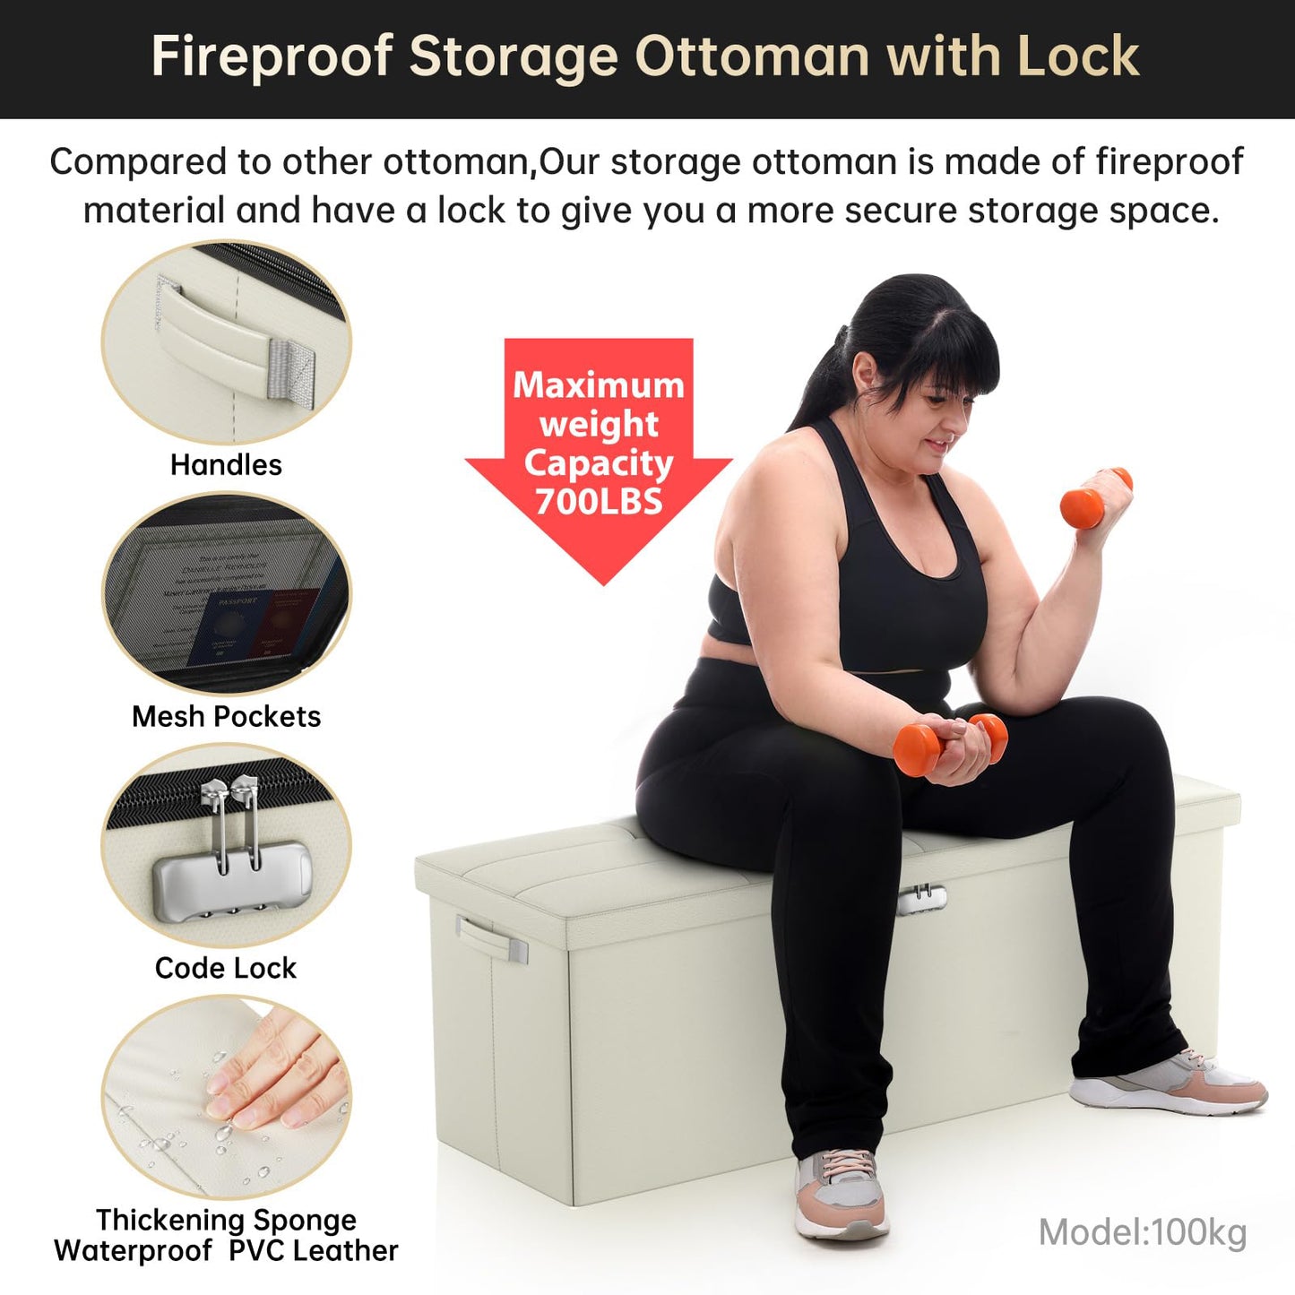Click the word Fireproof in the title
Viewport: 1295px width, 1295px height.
tap(272, 57)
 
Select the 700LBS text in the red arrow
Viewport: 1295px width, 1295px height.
tap(599, 501)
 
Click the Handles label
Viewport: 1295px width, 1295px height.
tap(226, 464)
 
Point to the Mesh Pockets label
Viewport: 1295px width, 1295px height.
tap(227, 716)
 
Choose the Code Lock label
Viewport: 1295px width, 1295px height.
tap(226, 968)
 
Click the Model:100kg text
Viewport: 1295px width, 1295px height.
tap(1143, 1232)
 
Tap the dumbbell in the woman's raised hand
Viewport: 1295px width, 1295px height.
tap(1096, 497)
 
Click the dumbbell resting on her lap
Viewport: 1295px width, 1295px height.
tap(950, 744)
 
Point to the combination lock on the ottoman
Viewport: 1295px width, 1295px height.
tap(921, 899)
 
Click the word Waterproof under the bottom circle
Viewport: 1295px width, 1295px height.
tap(133, 1251)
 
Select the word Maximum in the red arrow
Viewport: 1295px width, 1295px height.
tap(599, 385)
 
